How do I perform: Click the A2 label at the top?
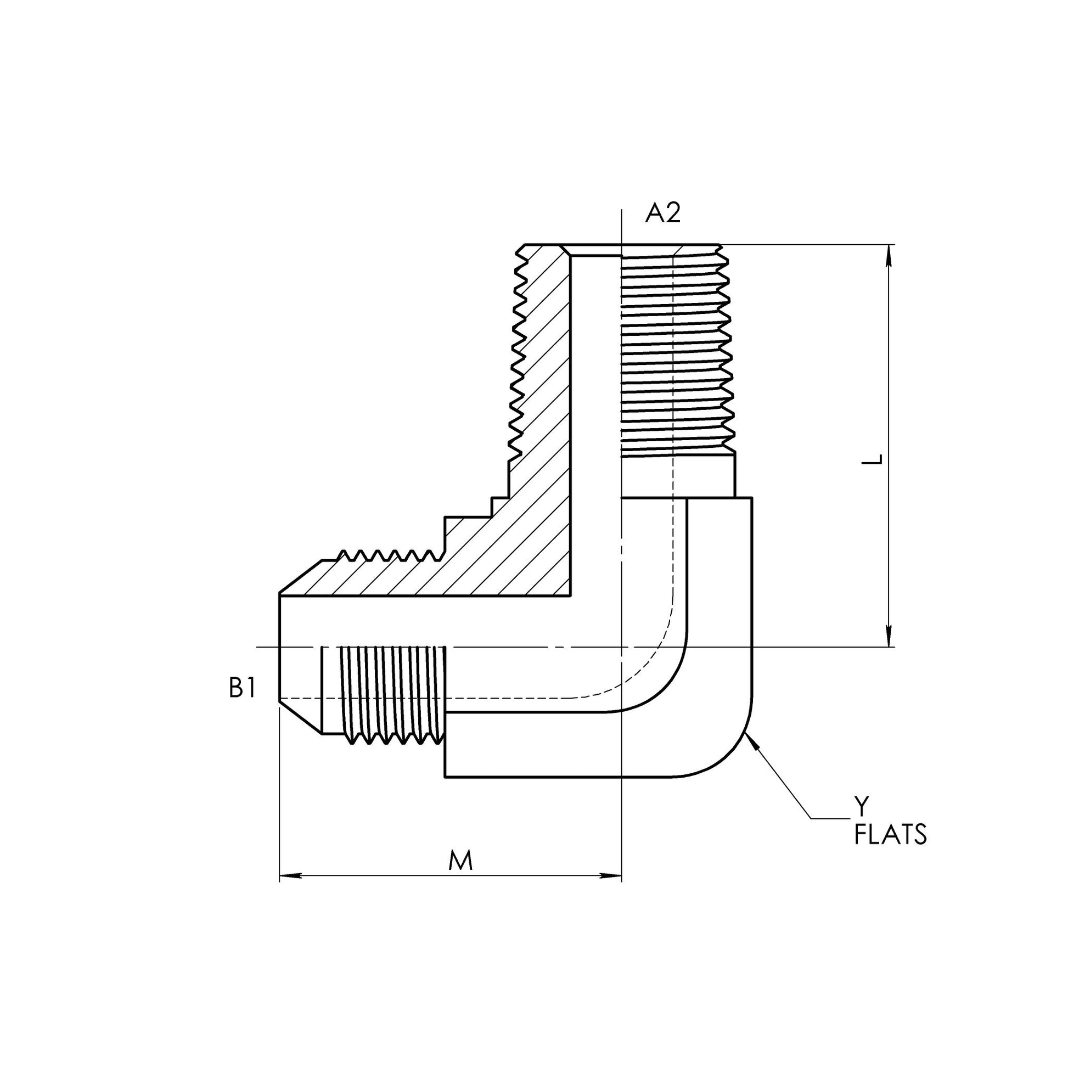click(662, 213)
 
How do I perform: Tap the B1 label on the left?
click(242, 689)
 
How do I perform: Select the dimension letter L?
click(873, 460)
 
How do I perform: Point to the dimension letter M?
click(460, 861)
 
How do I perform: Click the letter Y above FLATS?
click(861, 807)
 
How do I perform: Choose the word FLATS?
click(890, 835)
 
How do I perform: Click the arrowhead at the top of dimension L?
click(889, 255)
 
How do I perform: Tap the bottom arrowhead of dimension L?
click(889, 636)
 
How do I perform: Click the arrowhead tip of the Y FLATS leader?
click(747, 736)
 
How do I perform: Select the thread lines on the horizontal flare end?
click(392, 691)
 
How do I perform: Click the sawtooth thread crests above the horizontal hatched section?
click(387, 554)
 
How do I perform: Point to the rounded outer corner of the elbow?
click(730, 757)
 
